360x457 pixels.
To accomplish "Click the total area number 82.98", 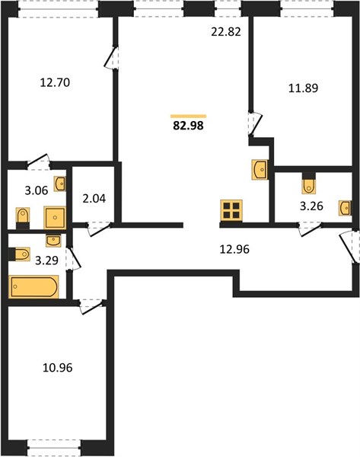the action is (x=188, y=126).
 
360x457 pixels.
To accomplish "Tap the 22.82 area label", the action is (x=226, y=32).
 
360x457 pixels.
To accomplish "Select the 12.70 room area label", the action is (x=55, y=83).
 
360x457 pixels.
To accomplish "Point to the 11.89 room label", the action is (x=303, y=88).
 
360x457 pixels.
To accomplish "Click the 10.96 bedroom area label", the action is (x=57, y=368).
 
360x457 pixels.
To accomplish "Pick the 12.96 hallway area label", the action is (x=234, y=250).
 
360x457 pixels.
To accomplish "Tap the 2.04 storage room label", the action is (x=94, y=199).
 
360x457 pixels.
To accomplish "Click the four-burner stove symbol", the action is (x=231, y=210).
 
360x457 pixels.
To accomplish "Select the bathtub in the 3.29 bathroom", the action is (x=33, y=286).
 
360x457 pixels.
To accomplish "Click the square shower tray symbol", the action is (x=55, y=217).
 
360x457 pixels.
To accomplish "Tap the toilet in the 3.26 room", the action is (x=308, y=184).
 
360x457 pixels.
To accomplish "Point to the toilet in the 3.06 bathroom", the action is (x=22, y=218).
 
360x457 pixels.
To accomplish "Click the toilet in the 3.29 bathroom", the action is (x=20, y=254).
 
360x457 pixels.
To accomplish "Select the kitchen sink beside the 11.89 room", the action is (x=260, y=169).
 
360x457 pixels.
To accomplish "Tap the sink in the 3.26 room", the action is (x=345, y=208).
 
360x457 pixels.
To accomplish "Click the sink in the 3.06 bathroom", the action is (x=59, y=184).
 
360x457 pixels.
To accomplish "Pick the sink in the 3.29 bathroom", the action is (x=53, y=240).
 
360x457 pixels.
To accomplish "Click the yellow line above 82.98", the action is (x=188, y=117).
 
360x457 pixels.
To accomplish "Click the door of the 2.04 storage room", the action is (x=98, y=228).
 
